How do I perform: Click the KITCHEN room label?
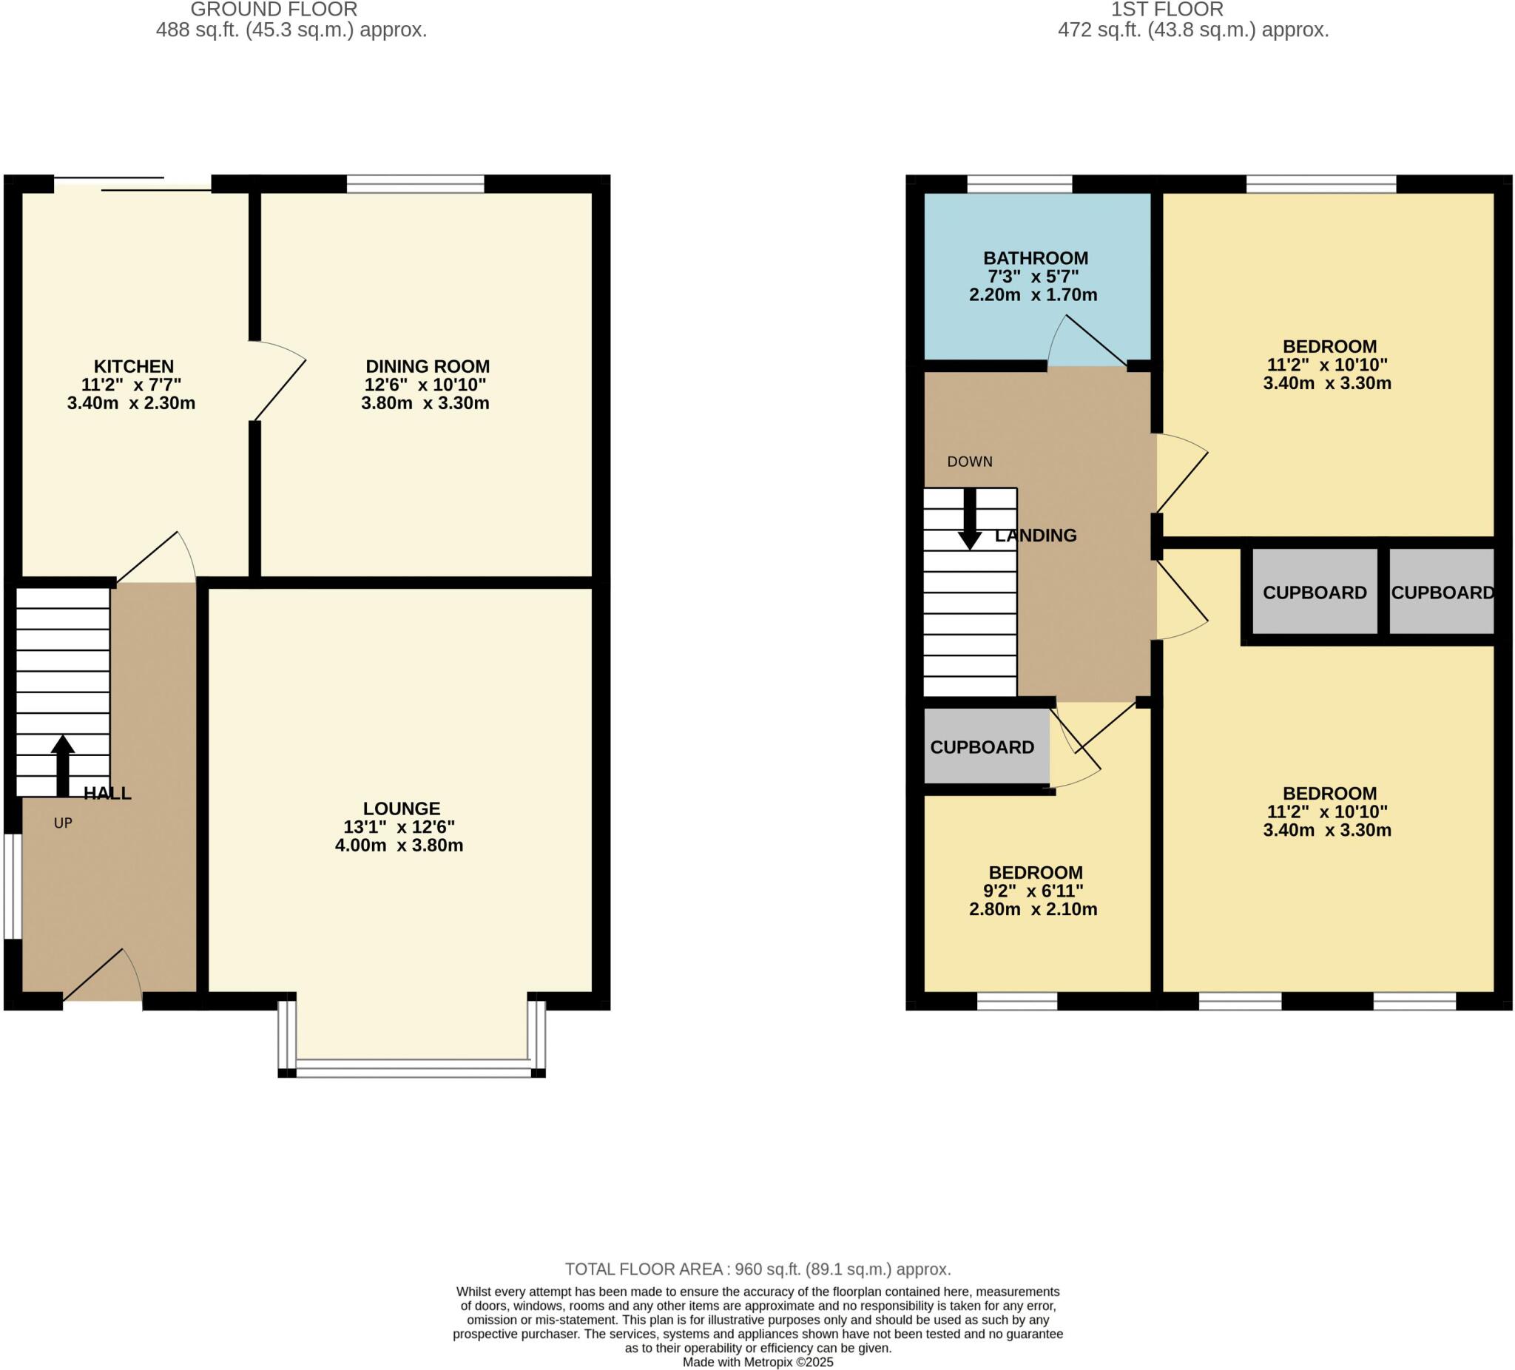pos(133,366)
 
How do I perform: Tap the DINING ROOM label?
pos(427,366)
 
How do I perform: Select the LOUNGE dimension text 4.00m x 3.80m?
pos(398,845)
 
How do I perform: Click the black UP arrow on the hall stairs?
pos(62,763)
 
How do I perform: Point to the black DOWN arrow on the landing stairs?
pos(969,519)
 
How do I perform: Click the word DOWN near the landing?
pos(969,462)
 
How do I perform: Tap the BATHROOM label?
pos(1035,257)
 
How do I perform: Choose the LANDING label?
pos(1035,535)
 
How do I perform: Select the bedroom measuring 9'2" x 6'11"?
pos(1035,890)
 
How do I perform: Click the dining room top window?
pos(415,183)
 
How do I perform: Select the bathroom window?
pos(1019,183)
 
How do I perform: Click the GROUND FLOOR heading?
pos(274,10)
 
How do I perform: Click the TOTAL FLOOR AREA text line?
pos(757,1269)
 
